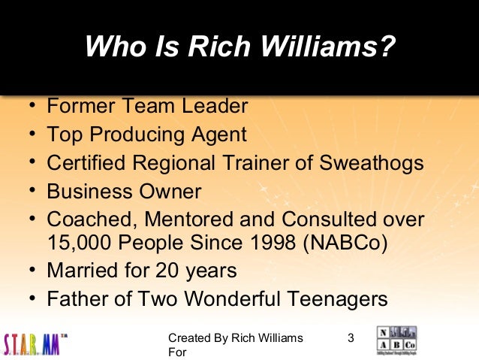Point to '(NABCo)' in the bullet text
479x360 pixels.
[342, 245]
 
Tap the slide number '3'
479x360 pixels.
[351, 338]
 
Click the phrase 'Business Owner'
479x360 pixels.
[124, 191]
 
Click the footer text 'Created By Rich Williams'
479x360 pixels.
[236, 338]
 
